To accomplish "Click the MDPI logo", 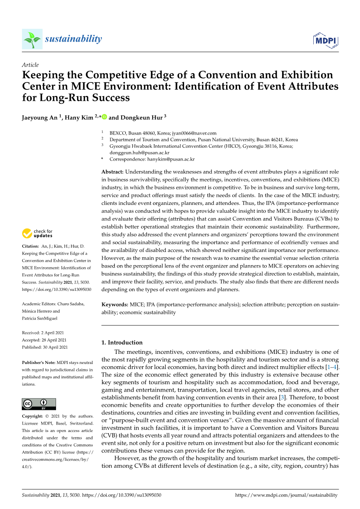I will click(326, 40).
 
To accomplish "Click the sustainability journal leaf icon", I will click(32, 39).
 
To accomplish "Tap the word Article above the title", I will click(30, 65).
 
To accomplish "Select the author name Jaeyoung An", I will click(40, 117).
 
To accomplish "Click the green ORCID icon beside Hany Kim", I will click(104, 117).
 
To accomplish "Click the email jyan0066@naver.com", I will click(194, 133).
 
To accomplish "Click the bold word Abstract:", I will click(112, 172).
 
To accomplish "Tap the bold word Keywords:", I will click(115, 304).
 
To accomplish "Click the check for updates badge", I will click(37, 233).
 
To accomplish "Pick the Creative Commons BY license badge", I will click(39, 404).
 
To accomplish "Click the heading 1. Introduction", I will click(122, 343).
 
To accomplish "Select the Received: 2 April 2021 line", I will click(43, 333).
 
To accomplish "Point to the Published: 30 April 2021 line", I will click(45, 347).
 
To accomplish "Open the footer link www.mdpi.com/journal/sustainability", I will click(286, 495).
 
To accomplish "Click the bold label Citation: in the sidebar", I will click(31, 246).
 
